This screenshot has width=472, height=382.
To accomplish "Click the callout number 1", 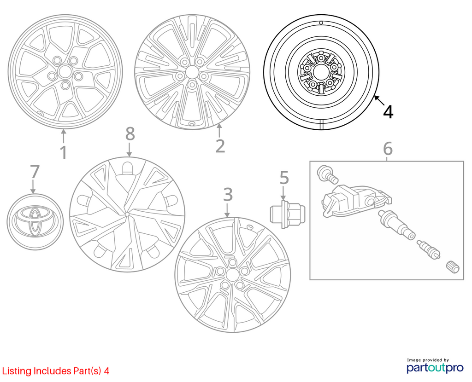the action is click(64, 152).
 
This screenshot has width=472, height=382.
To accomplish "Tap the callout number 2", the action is click(220, 146).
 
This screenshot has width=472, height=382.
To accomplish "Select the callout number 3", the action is click(228, 194).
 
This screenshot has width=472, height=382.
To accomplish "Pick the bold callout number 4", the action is click(388, 111).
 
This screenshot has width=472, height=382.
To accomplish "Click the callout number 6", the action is click(388, 149).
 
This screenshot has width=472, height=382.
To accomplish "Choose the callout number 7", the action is click(35, 171).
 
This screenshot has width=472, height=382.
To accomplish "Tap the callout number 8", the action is click(130, 134).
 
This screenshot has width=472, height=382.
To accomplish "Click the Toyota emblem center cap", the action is click(35, 222).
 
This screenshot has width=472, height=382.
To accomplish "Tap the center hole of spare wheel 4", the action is click(320, 72).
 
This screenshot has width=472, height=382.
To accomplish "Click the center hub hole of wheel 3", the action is click(232, 274).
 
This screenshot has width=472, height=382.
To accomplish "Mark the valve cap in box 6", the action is click(452, 267).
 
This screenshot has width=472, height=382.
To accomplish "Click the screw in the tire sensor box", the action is click(327, 174).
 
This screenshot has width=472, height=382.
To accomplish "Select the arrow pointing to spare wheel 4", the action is click(379, 100).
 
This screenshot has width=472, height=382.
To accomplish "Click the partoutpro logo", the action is click(435, 365).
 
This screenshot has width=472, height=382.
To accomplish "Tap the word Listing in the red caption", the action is click(17, 371).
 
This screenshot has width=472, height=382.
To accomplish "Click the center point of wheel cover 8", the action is click(127, 214).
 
